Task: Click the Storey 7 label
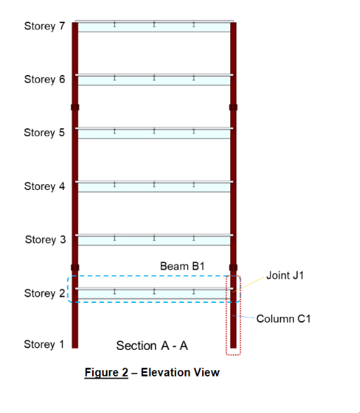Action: pos(44,27)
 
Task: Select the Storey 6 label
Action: pos(44,79)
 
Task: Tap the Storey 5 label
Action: pos(44,133)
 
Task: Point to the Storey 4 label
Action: pos(44,187)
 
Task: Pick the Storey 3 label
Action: pos(45,240)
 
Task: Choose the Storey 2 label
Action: pos(44,293)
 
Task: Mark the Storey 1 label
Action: pos(44,344)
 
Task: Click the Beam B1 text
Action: pos(182,266)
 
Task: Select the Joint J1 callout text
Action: pos(285,276)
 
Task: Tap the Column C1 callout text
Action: pos(284,319)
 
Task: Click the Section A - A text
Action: pos(152,346)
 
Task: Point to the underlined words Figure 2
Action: pos(107,373)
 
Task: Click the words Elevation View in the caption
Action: pos(180,372)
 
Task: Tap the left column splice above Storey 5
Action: pos(75,107)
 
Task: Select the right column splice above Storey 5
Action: pos(233,107)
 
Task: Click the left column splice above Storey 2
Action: pos(75,268)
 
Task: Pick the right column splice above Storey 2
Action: pos(233,268)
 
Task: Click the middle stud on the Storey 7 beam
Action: pos(154,25)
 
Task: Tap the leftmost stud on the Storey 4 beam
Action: pos(114,184)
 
